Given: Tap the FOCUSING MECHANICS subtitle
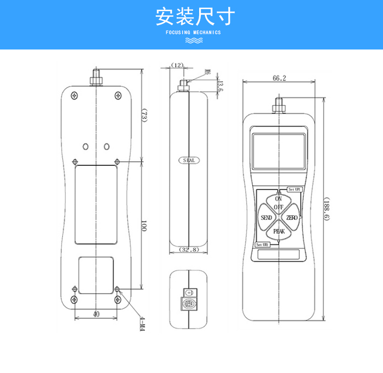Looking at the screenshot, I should click(193, 32).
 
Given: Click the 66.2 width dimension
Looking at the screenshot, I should click(279, 78).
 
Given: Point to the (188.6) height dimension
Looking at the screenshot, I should click(326, 209).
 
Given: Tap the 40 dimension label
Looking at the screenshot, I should click(95, 314).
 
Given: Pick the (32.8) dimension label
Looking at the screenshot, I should click(189, 250).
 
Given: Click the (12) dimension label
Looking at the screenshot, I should click(177, 65).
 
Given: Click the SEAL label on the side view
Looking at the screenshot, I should click(188, 160).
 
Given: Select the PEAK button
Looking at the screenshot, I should click(279, 232).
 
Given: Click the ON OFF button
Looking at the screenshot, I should click(279, 203).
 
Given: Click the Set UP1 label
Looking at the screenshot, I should click(295, 189).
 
